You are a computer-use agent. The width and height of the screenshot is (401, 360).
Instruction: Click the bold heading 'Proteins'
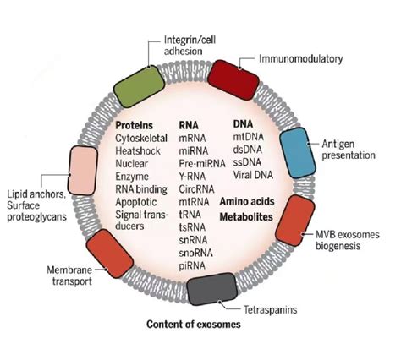tap(135, 125)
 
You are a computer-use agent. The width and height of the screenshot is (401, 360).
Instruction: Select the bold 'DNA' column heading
tap(242, 124)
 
